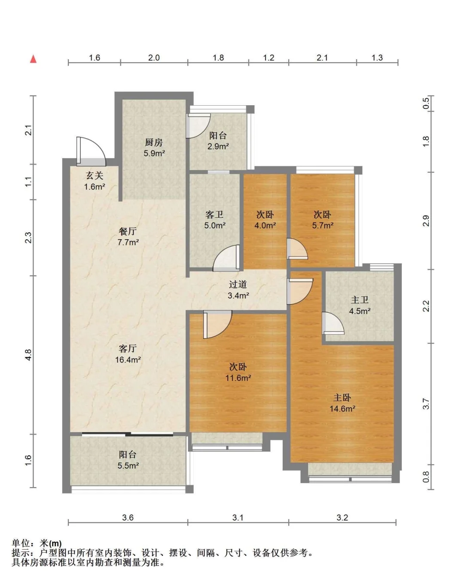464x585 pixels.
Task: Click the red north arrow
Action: click(33, 59)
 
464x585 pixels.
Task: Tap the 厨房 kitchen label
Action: click(154, 142)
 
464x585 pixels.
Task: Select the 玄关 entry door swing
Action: click(91, 151)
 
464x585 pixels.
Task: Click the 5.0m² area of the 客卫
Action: click(215, 225)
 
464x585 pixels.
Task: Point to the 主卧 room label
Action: click(342, 398)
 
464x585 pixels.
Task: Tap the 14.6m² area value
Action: click(342, 408)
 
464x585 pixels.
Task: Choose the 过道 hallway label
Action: click(238, 284)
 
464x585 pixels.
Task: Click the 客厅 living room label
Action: click(128, 348)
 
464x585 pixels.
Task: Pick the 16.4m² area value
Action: click(128, 360)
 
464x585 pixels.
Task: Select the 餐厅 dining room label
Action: click(128, 232)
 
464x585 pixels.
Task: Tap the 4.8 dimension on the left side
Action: click(28, 355)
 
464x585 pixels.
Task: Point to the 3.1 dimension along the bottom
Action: click(238, 518)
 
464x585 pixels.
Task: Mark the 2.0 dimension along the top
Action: click(154, 58)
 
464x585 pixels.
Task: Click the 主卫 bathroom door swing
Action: click(333, 323)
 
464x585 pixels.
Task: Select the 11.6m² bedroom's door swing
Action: click(217, 324)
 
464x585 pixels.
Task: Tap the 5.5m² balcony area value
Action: click(128, 466)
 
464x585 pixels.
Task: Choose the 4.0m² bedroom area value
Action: click(265, 225)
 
